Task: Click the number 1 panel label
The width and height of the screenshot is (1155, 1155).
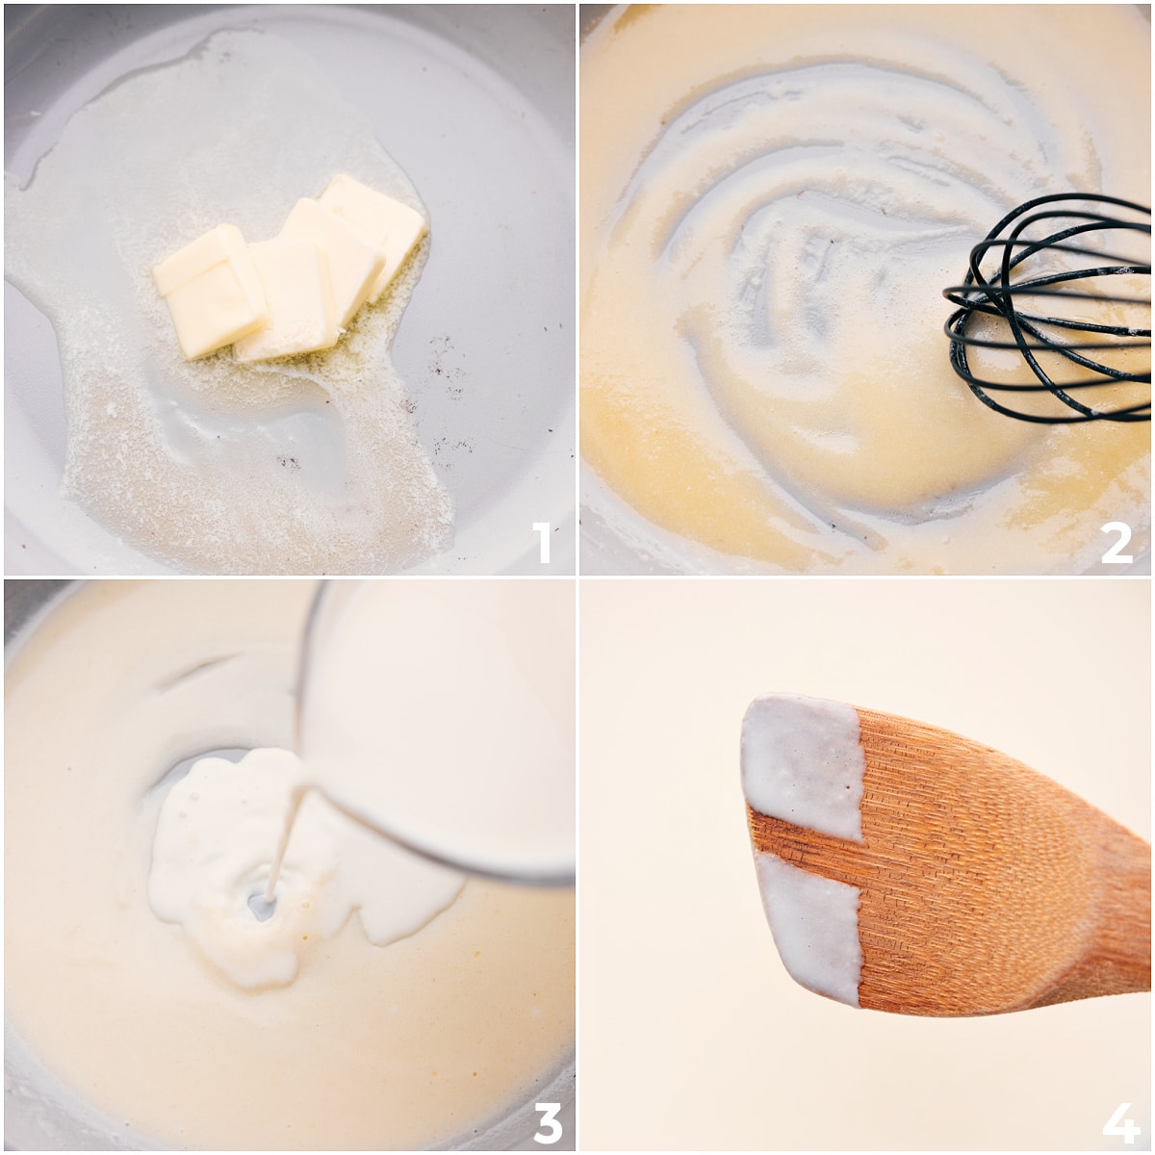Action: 543,542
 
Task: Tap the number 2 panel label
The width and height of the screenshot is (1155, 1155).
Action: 1116,542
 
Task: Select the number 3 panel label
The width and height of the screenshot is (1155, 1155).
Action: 547,1121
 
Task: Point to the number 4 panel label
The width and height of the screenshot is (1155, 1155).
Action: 1120,1121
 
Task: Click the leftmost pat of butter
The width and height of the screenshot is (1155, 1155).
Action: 210,289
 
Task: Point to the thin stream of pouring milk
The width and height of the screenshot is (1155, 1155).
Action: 284,837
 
